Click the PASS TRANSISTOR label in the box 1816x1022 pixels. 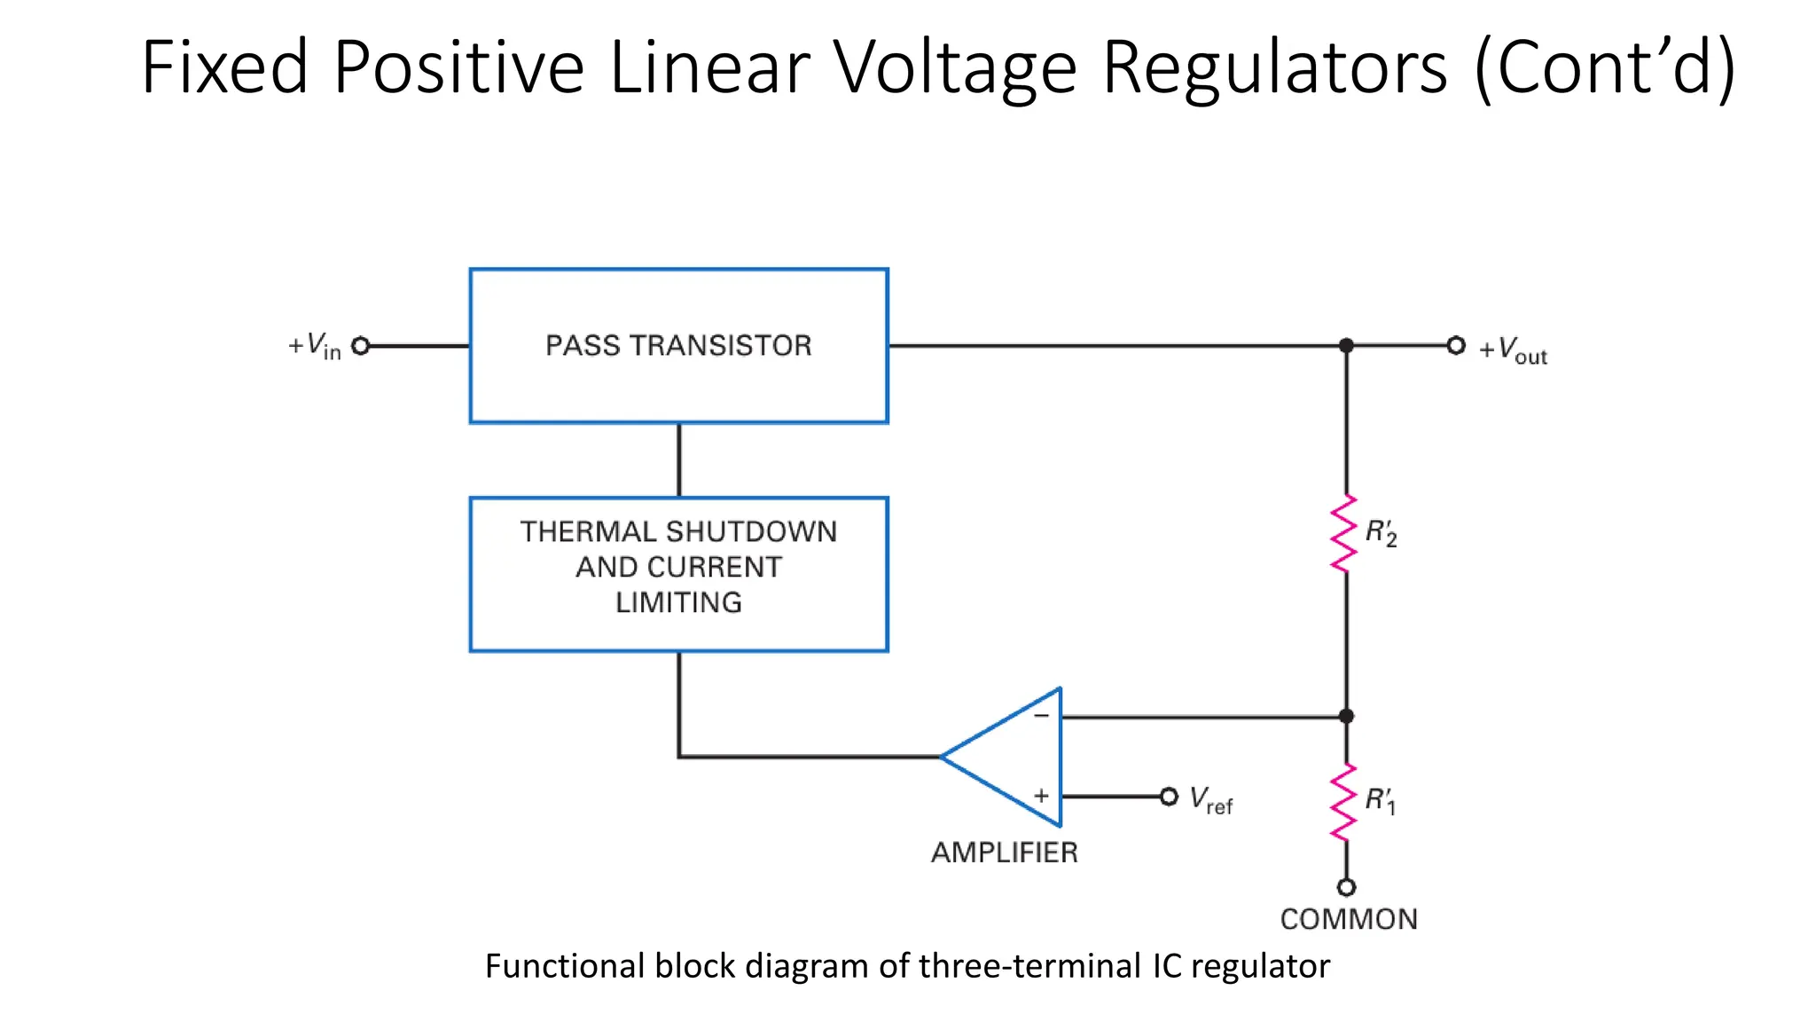coord(678,345)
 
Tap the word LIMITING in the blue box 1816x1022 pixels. coord(678,602)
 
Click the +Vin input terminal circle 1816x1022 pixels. coord(360,346)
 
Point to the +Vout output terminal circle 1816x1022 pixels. coord(1456,345)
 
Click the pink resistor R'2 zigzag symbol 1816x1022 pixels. coord(1344,533)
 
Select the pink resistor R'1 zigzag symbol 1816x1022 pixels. coord(1344,802)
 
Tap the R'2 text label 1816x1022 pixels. coord(1381,533)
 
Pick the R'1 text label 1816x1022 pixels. coord(1380,800)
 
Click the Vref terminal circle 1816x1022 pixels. coord(1169,797)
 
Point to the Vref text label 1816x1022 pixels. coord(1211,800)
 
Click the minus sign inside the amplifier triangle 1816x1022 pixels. coord(1041,715)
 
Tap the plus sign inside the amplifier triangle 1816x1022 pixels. coord(1041,796)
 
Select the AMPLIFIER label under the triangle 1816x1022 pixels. coord(1004,853)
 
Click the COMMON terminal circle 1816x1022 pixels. coord(1346,887)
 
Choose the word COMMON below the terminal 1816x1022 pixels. coord(1349,919)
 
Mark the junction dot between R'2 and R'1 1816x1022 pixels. coord(1346,716)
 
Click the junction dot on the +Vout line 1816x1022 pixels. coord(1346,345)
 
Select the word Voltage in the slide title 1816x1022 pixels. coord(956,67)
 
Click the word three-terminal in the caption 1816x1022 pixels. coord(1029,966)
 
